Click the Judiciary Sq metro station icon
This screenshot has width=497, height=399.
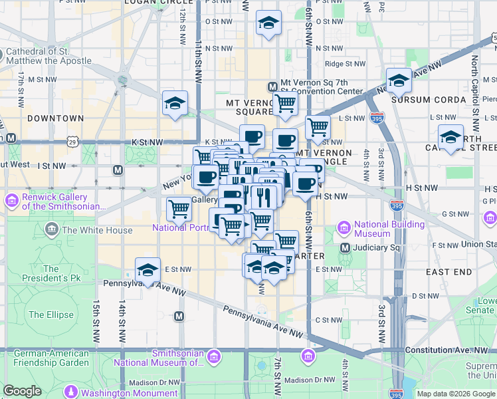click(x=345, y=248)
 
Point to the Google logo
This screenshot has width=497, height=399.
click(x=22, y=391)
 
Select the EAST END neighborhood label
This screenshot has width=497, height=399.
click(x=449, y=272)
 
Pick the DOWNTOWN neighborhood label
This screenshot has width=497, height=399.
click(x=56, y=118)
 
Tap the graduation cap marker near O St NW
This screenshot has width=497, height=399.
click(x=268, y=23)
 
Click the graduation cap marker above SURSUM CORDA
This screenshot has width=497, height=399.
click(x=399, y=80)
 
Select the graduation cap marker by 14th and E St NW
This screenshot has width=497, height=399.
click(x=148, y=270)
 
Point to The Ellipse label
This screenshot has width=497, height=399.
click(x=50, y=315)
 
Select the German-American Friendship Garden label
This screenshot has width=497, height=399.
click(x=51, y=358)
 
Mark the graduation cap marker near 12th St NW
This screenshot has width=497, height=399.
click(x=175, y=103)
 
